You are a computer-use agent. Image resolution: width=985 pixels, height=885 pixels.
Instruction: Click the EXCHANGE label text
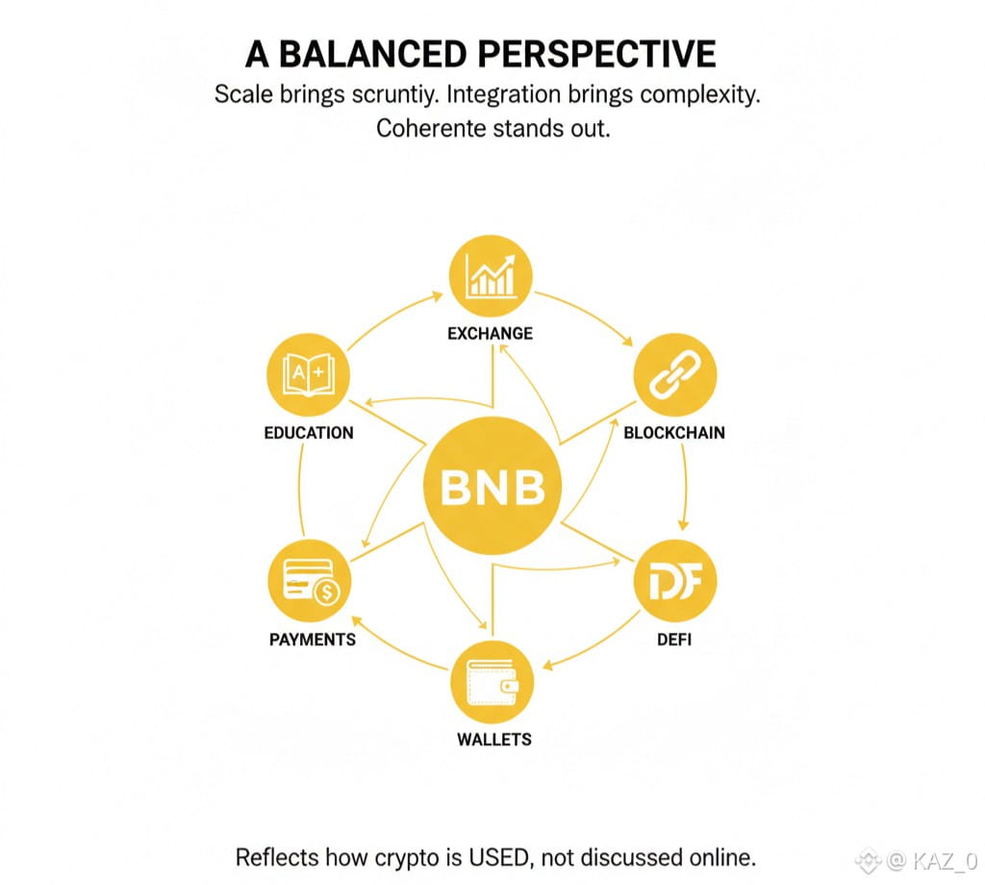point(490,334)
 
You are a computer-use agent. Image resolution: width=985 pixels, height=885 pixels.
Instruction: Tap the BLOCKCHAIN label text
point(674,432)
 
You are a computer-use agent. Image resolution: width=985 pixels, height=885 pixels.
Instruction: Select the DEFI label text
point(674,639)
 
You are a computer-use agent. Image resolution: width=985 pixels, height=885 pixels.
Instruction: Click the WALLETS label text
point(493,740)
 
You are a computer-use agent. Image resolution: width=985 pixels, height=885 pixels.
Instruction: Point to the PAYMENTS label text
point(313,640)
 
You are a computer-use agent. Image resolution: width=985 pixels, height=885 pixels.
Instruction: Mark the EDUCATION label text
point(309,433)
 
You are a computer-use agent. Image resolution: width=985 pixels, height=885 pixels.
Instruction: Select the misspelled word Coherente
point(430,128)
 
